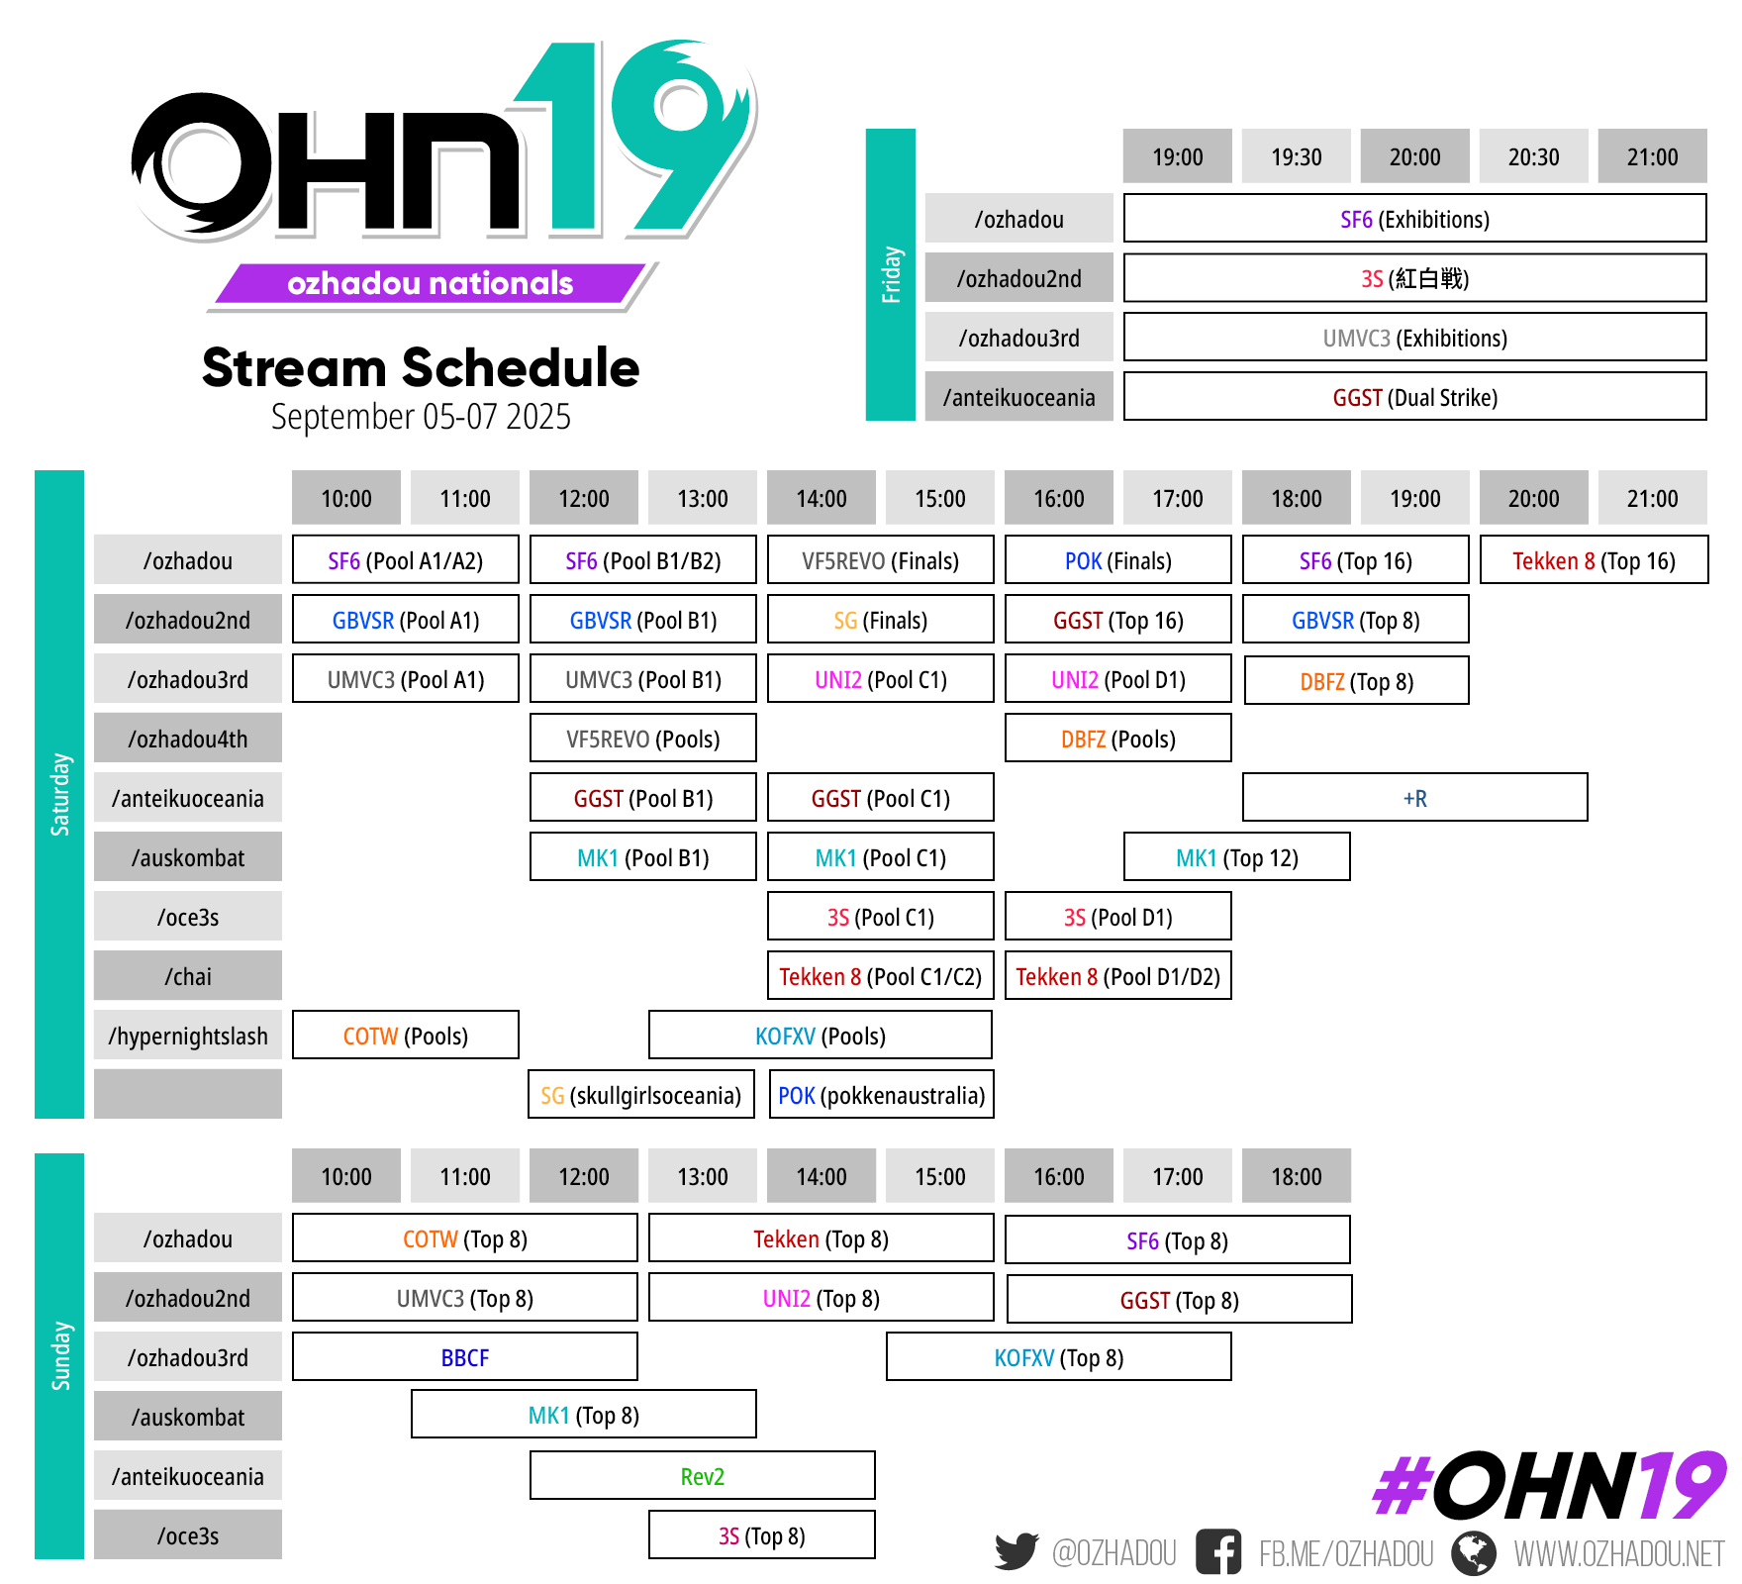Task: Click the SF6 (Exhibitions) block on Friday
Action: (1414, 219)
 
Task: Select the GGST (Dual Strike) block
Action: (1414, 397)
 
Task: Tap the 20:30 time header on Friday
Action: (1533, 156)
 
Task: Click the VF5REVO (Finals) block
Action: (880, 560)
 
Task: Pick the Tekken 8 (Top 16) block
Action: (1594, 560)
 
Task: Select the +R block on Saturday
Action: (1414, 798)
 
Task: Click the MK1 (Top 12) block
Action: (1236, 857)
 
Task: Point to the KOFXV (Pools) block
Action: (820, 1036)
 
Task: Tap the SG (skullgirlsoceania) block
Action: (641, 1095)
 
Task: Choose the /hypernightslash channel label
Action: (188, 1036)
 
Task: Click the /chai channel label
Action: (188, 976)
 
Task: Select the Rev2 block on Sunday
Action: (702, 1476)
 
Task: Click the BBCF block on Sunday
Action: (464, 1357)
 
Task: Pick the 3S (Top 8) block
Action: (761, 1535)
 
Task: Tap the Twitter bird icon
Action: (1016, 1551)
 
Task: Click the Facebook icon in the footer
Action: (1217, 1551)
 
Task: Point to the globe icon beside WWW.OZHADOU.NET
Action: (1474, 1552)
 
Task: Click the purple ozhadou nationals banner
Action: (430, 284)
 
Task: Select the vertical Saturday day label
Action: (59, 794)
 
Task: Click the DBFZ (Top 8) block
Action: (1356, 681)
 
